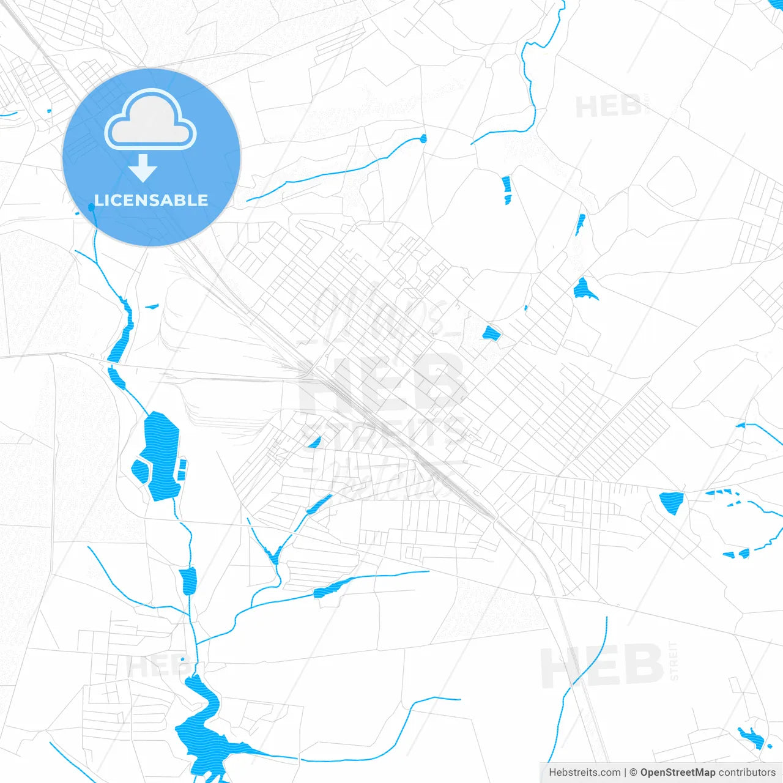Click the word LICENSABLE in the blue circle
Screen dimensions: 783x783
[x=151, y=201]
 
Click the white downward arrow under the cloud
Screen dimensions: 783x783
[x=143, y=168]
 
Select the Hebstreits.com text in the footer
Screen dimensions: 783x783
[x=584, y=773]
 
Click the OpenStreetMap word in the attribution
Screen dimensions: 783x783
[x=677, y=773]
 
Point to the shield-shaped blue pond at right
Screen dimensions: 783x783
[x=672, y=502]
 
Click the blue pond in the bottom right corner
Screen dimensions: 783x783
[x=752, y=739]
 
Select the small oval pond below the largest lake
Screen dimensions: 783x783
[x=188, y=581]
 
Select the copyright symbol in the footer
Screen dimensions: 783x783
[x=634, y=773]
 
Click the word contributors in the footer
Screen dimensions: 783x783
[x=747, y=773]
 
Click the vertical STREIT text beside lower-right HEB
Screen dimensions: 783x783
[x=674, y=661]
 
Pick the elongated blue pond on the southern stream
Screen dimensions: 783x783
[x=331, y=588]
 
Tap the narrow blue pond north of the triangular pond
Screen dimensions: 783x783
[x=507, y=190]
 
